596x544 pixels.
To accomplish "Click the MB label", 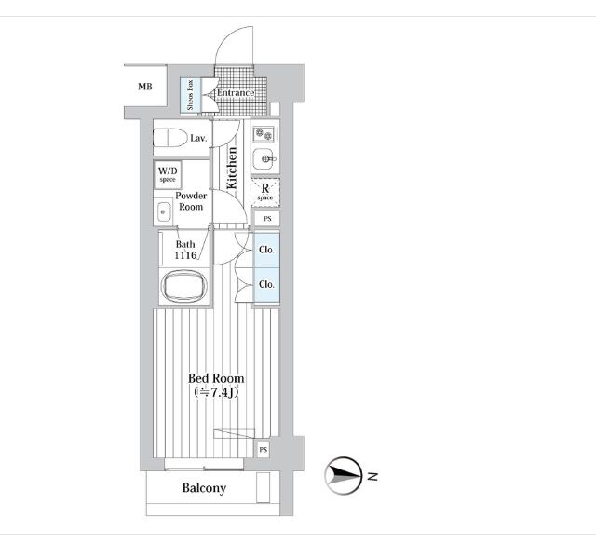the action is [145, 87].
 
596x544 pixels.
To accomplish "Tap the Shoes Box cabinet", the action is [190, 95].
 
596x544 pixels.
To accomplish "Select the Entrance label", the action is [236, 93].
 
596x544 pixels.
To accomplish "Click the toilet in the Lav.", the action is [169, 137].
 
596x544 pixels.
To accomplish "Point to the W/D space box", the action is [168, 174].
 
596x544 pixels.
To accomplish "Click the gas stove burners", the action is [264, 134].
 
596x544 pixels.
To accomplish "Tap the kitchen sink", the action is [264, 157].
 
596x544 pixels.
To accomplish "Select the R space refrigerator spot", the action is [265, 193].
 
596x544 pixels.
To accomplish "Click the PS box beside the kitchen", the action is [267, 219].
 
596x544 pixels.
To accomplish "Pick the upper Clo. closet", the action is [266, 251].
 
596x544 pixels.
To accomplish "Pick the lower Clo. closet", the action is [266, 285].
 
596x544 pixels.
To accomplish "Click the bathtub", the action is [184, 286].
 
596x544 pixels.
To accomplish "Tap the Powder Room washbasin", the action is [164, 212].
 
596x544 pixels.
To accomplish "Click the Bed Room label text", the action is [216, 378].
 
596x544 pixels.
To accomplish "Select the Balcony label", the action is [204, 488].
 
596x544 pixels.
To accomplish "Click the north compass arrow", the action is [344, 475].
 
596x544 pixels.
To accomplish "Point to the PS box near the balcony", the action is [263, 450].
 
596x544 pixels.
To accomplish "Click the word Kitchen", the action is [232, 168].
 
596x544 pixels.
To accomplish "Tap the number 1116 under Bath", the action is [185, 255].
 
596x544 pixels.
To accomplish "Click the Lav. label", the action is [198, 138].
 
